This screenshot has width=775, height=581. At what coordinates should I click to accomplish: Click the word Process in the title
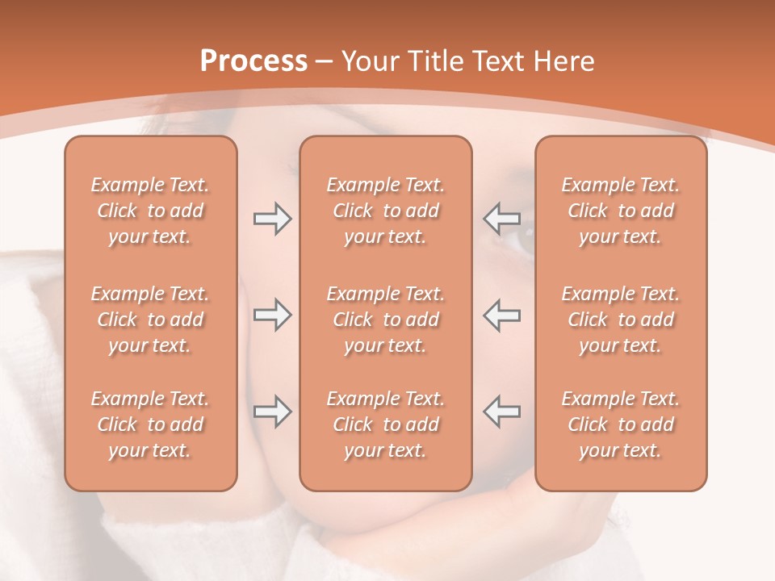tap(253, 61)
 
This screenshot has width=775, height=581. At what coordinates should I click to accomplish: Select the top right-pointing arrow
tap(272, 218)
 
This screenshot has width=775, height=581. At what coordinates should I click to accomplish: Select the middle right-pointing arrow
tap(272, 315)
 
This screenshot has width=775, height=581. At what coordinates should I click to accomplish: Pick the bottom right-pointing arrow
tap(272, 412)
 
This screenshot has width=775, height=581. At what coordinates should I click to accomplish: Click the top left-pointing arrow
tap(502, 218)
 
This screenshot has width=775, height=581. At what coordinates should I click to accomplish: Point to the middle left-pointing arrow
tap(502, 315)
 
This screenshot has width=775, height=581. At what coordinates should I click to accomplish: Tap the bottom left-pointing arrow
tap(502, 412)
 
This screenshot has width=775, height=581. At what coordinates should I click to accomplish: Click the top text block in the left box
tap(150, 211)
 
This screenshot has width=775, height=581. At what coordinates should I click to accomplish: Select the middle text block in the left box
tap(150, 320)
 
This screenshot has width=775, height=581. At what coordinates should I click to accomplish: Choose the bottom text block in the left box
tap(150, 424)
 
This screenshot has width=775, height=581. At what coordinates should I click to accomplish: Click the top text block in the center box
tap(386, 211)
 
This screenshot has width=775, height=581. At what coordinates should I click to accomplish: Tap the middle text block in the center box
tap(386, 320)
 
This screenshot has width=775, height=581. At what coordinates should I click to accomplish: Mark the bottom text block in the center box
tap(386, 424)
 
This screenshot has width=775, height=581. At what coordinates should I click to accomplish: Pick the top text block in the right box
tap(621, 211)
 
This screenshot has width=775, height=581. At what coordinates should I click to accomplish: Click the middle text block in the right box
tap(621, 320)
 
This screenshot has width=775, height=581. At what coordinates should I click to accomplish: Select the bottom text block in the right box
tap(621, 424)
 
